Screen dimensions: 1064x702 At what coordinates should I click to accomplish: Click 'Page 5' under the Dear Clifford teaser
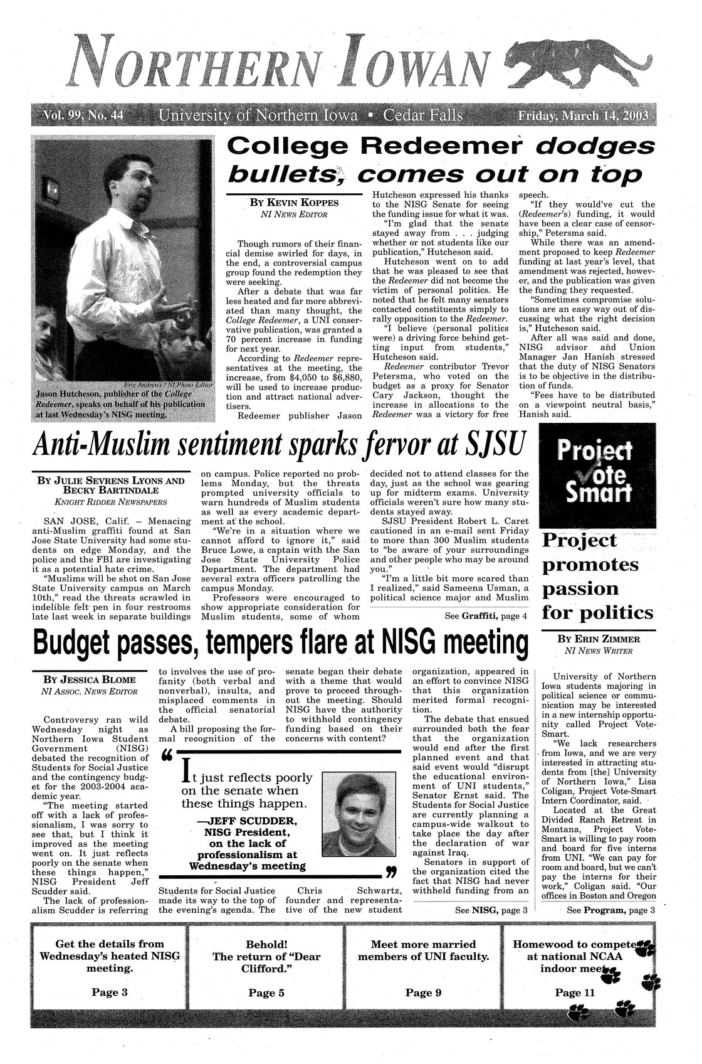[x=266, y=992]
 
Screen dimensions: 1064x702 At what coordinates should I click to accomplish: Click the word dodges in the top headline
[x=599, y=146]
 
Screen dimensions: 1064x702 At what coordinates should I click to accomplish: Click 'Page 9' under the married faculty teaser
[x=423, y=992]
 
